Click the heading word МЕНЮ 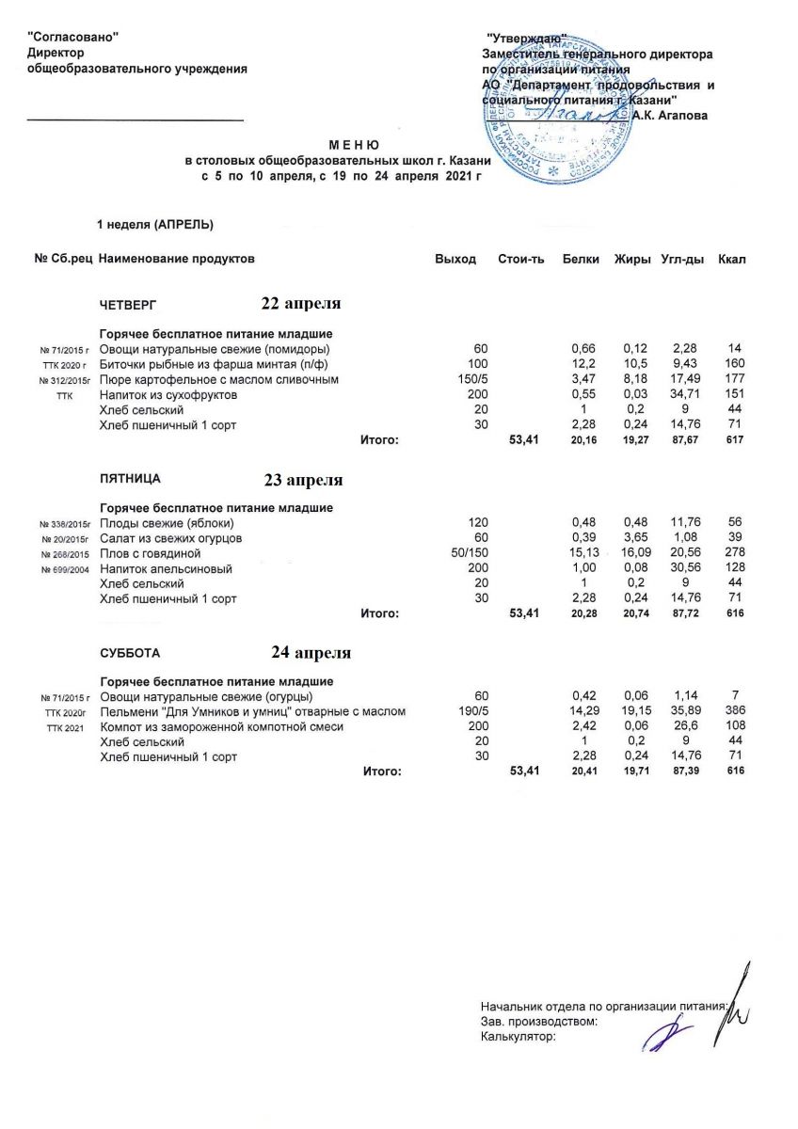click(x=353, y=147)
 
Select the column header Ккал click(x=731, y=259)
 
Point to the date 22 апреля click(x=301, y=303)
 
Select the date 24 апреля click(x=311, y=652)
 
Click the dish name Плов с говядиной click(x=150, y=554)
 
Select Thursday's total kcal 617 click(x=735, y=439)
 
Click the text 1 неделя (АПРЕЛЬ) click(x=155, y=224)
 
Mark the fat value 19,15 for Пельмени click(x=636, y=712)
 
